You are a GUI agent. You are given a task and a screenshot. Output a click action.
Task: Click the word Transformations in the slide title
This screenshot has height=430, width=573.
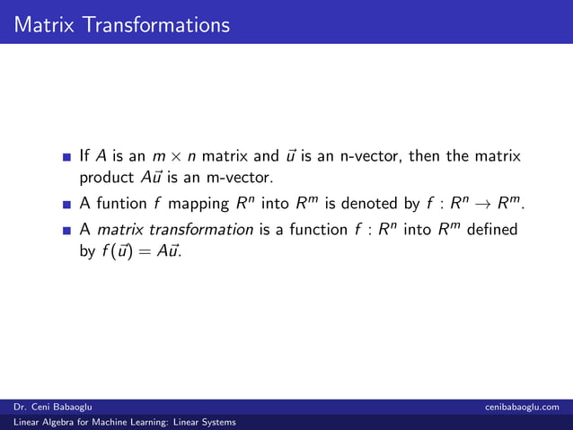pyautogui.click(x=158, y=23)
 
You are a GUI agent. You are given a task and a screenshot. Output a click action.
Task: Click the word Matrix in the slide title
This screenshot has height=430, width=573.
pyautogui.click(x=46, y=23)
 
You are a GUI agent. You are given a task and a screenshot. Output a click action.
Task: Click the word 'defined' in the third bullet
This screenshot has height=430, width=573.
pyautogui.click(x=491, y=230)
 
